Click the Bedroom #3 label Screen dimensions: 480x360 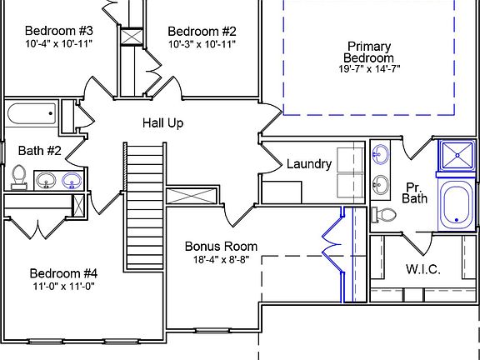59,31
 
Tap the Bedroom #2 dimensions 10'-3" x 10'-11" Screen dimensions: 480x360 202,44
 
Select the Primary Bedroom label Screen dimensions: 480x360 369,52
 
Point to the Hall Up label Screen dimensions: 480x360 162,123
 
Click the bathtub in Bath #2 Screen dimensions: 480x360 32,113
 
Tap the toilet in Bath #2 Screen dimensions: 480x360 19,177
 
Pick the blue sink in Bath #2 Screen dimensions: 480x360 72,181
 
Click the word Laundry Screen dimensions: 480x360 309,164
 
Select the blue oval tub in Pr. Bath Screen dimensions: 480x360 456,204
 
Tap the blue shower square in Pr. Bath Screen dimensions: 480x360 457,156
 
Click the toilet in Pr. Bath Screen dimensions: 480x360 383,215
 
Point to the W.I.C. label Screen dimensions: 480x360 423,269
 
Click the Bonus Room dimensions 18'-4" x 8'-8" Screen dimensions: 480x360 221,260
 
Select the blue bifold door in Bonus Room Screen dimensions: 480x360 333,245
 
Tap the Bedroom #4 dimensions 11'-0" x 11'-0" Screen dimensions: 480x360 63,287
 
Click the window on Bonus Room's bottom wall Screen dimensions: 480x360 212,330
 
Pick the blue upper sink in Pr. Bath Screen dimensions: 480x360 381,153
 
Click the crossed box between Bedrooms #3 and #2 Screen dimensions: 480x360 132,37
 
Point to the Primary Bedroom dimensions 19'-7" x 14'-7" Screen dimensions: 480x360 369,69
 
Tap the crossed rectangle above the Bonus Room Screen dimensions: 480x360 192,196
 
